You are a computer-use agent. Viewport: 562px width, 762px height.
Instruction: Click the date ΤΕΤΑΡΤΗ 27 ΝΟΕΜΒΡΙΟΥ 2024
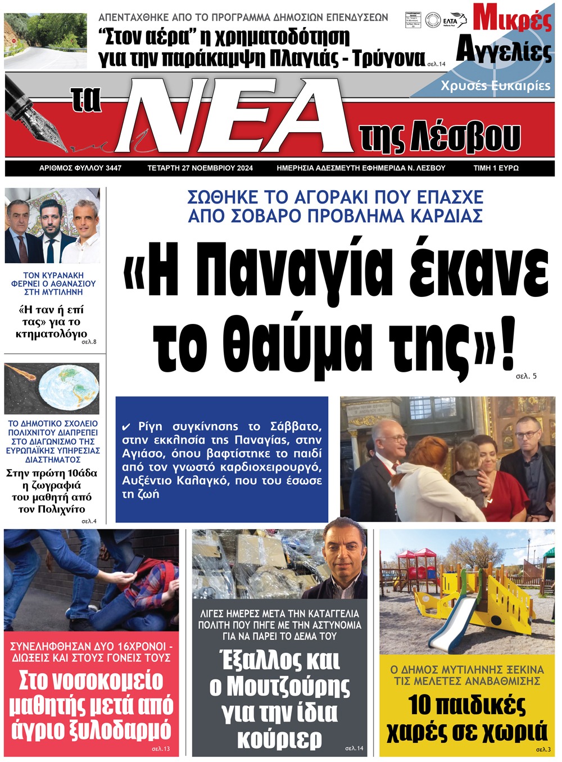pos(200,168)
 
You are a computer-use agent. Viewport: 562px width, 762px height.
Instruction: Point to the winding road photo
pos(46,40)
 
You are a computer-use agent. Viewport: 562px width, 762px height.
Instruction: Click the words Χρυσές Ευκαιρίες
pos(495,86)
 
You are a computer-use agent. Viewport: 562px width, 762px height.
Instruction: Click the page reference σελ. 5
pos(526,376)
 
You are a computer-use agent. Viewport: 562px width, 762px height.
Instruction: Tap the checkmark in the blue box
pos(126,427)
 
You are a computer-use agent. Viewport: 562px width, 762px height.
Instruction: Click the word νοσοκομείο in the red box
pos(91,681)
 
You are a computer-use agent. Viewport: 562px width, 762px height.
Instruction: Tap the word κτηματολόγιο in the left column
pos(51,334)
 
